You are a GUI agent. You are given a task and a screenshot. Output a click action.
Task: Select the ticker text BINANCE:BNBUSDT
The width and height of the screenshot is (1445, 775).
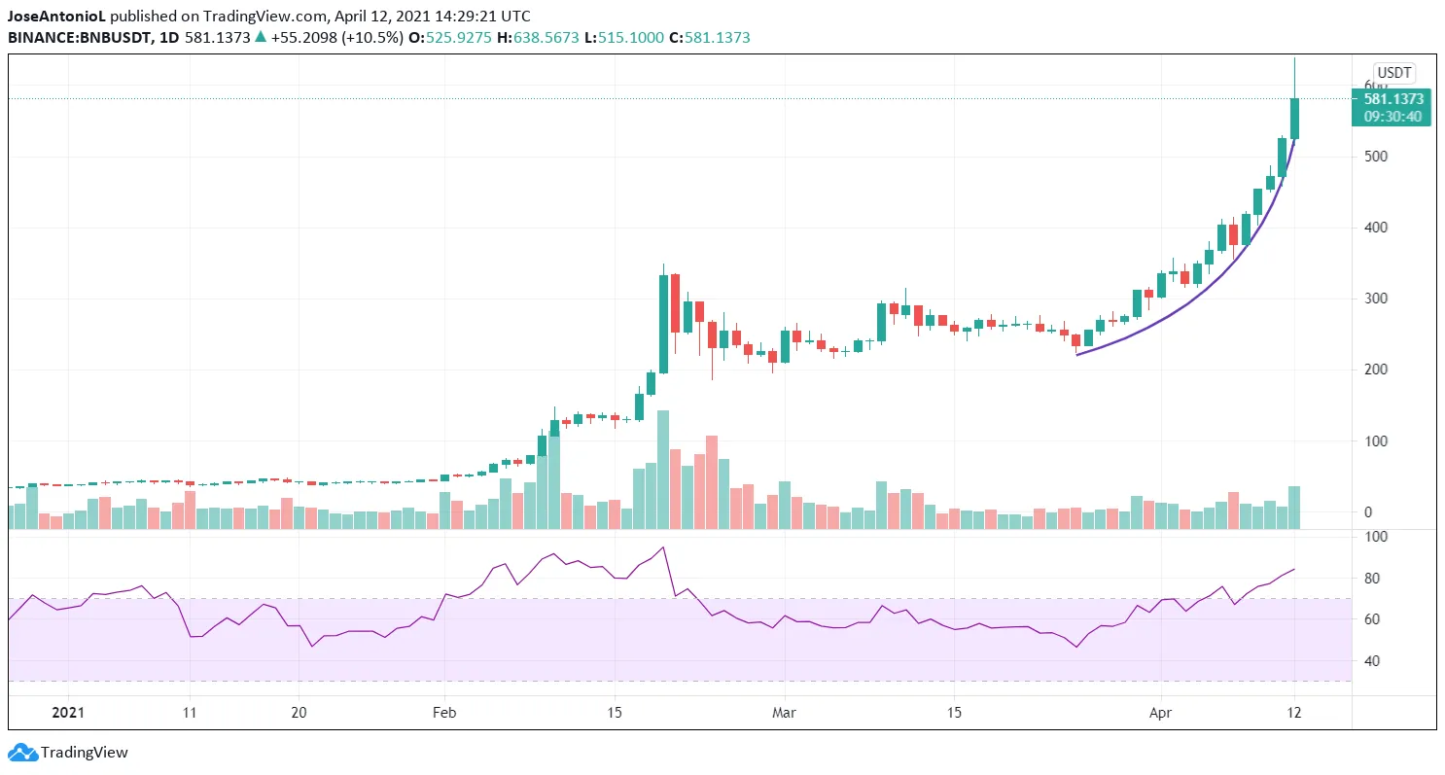(x=67, y=37)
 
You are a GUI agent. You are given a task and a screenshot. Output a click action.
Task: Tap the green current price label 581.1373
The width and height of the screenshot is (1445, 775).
(x=1392, y=98)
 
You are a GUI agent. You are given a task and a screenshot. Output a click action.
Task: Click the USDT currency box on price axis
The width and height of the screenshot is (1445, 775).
(x=1392, y=72)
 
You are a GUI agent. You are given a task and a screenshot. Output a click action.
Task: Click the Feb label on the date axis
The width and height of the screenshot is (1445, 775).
(x=444, y=712)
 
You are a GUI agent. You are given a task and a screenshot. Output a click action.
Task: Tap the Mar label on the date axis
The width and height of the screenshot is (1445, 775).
(x=784, y=712)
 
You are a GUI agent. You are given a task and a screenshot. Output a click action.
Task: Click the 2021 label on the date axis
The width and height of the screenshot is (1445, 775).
(x=67, y=712)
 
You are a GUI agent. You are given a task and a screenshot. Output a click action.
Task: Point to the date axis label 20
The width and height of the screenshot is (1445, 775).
(x=299, y=712)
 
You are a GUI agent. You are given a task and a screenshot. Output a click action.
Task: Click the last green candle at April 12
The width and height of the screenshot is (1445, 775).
(x=1294, y=118)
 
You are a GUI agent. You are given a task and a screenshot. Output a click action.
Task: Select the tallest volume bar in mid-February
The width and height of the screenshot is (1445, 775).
(x=663, y=470)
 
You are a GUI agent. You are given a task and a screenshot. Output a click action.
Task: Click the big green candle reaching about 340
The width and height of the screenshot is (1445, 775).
(x=663, y=324)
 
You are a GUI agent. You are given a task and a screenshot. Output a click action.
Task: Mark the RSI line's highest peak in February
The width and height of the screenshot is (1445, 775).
(x=663, y=547)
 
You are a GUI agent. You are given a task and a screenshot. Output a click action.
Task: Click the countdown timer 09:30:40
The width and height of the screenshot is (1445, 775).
(x=1392, y=117)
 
